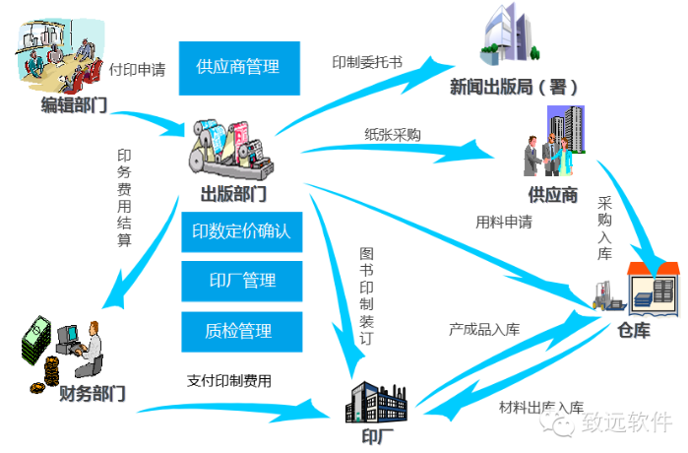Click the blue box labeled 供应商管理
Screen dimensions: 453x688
pyautogui.click(x=238, y=67)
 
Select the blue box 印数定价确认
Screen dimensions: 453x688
pyautogui.click(x=242, y=232)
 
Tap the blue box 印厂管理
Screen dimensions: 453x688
pyautogui.click(x=242, y=281)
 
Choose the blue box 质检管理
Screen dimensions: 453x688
pyautogui.click(x=242, y=330)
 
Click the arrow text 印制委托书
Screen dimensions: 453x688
pyautogui.click(x=367, y=61)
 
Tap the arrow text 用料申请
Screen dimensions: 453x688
pyautogui.click(x=504, y=222)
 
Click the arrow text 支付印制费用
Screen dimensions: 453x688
pyautogui.click(x=228, y=380)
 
